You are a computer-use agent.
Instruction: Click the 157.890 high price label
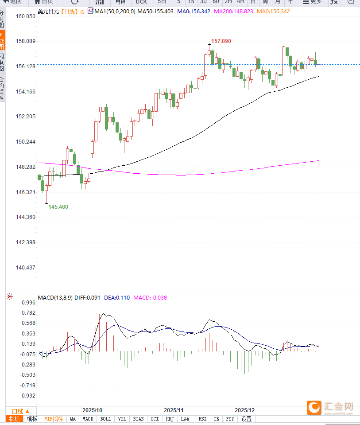pyautogui.click(x=221, y=41)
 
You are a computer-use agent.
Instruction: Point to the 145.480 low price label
pyautogui.click(x=58, y=207)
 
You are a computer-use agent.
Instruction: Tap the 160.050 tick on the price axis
pyautogui.click(x=25, y=16)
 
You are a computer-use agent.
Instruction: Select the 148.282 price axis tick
pyautogui.click(x=25, y=167)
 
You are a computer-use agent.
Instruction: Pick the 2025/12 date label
pyautogui.click(x=244, y=410)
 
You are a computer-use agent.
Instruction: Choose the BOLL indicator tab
pyautogui.click(x=105, y=419)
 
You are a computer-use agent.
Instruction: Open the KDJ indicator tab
pyautogui.click(x=170, y=419)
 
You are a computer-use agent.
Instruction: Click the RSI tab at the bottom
pyautogui.click(x=202, y=419)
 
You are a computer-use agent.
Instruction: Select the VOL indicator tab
pyautogui.click(x=122, y=419)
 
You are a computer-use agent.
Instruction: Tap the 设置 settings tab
pyautogui.click(x=246, y=419)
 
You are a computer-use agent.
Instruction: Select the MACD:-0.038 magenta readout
pyautogui.click(x=150, y=297)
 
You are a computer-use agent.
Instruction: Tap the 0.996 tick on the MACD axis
pyautogui.click(x=28, y=303)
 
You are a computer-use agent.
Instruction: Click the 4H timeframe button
pyautogui.click(x=240, y=2)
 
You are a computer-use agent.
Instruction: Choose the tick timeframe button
pyautogui.click(x=141, y=2)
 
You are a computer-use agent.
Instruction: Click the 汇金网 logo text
pyautogui.click(x=338, y=406)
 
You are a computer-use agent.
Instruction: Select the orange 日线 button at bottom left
pyautogui.click(x=20, y=411)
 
